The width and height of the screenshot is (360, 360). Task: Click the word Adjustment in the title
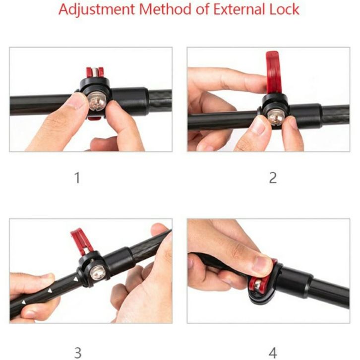pos(96,9)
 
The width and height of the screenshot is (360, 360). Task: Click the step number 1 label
pos(77,178)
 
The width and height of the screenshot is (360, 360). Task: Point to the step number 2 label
pos(273,178)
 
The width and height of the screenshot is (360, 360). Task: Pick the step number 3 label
pos(78,353)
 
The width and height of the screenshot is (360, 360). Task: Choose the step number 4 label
pos(273,353)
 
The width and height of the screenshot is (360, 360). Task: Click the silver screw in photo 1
pos(97,102)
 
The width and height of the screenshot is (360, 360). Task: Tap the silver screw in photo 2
pos(276,117)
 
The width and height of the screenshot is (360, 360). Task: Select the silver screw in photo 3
pos(98,273)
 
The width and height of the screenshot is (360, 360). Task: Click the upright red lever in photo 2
pos(273,72)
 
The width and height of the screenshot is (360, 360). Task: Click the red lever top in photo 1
pos(95,72)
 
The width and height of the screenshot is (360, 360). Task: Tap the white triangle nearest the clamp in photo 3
pos(75,279)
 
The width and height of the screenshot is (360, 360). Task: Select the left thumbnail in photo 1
pos(77,101)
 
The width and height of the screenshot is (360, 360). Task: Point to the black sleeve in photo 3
pos(119,260)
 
